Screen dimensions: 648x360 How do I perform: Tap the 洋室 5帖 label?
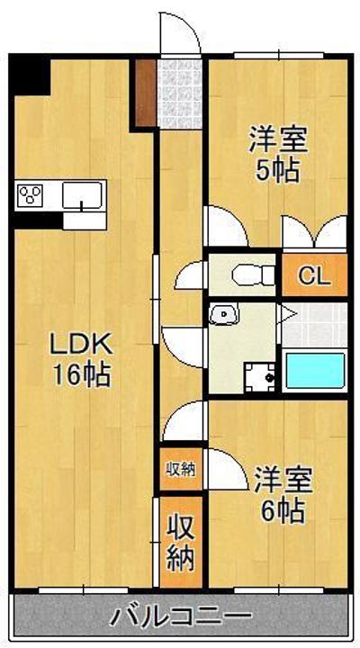278,154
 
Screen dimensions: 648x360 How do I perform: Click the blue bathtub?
314,370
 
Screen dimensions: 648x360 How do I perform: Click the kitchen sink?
85,194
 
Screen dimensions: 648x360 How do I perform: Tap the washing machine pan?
260,375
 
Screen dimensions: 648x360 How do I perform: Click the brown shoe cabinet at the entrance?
144,93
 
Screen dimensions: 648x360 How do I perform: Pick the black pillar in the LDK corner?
29,76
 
